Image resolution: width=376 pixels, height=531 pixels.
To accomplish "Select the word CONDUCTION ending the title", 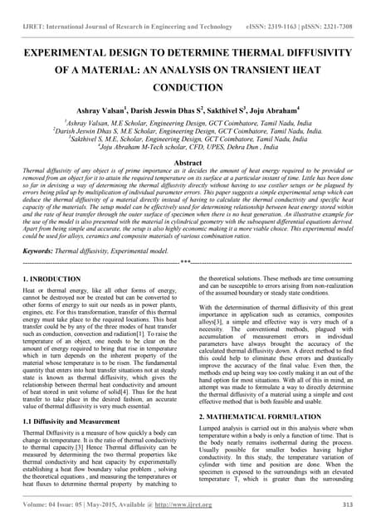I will coord(188,86).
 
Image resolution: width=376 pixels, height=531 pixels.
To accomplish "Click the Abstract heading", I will coord(188,163).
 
